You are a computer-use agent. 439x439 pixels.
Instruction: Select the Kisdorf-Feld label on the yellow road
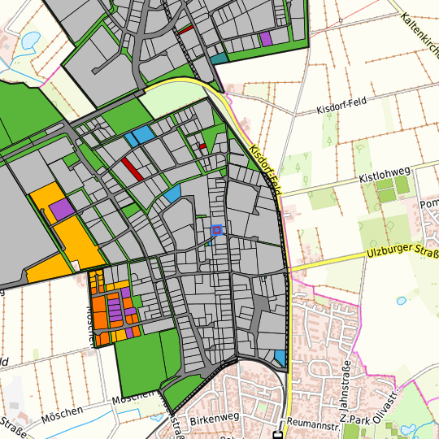(266, 168)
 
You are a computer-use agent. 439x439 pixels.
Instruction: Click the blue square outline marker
(216, 230)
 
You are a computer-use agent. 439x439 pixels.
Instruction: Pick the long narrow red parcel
(132, 168)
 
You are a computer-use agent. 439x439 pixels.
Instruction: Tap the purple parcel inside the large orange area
(62, 208)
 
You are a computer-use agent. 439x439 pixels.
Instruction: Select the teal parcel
(219, 59)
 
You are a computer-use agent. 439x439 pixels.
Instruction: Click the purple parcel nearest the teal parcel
(266, 38)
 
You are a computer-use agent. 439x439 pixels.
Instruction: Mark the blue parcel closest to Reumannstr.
(280, 357)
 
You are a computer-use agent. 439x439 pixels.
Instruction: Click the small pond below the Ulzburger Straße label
(401, 300)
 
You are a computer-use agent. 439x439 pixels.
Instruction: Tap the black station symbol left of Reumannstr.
(279, 433)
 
